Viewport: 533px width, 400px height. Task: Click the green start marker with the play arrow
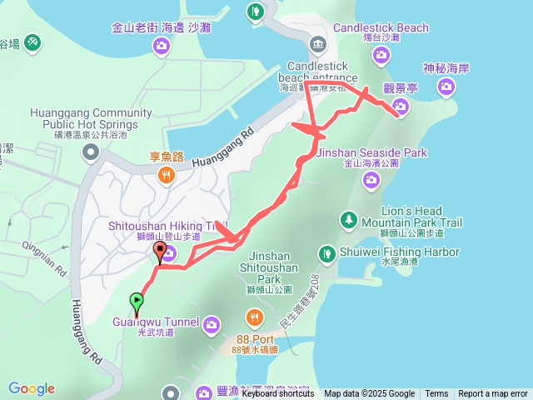136,301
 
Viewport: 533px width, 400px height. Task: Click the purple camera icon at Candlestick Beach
381,55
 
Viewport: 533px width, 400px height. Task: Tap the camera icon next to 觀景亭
401,106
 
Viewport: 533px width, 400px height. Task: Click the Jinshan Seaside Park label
371,152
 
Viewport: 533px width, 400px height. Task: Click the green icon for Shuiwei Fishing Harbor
330,252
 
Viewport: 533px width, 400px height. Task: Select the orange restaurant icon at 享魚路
167,174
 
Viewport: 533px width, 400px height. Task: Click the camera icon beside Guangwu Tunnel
212,322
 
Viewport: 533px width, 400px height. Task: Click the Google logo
32,388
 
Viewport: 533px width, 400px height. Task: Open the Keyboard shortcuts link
278,394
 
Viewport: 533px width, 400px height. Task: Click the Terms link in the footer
436,394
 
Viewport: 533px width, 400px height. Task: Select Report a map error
493,394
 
